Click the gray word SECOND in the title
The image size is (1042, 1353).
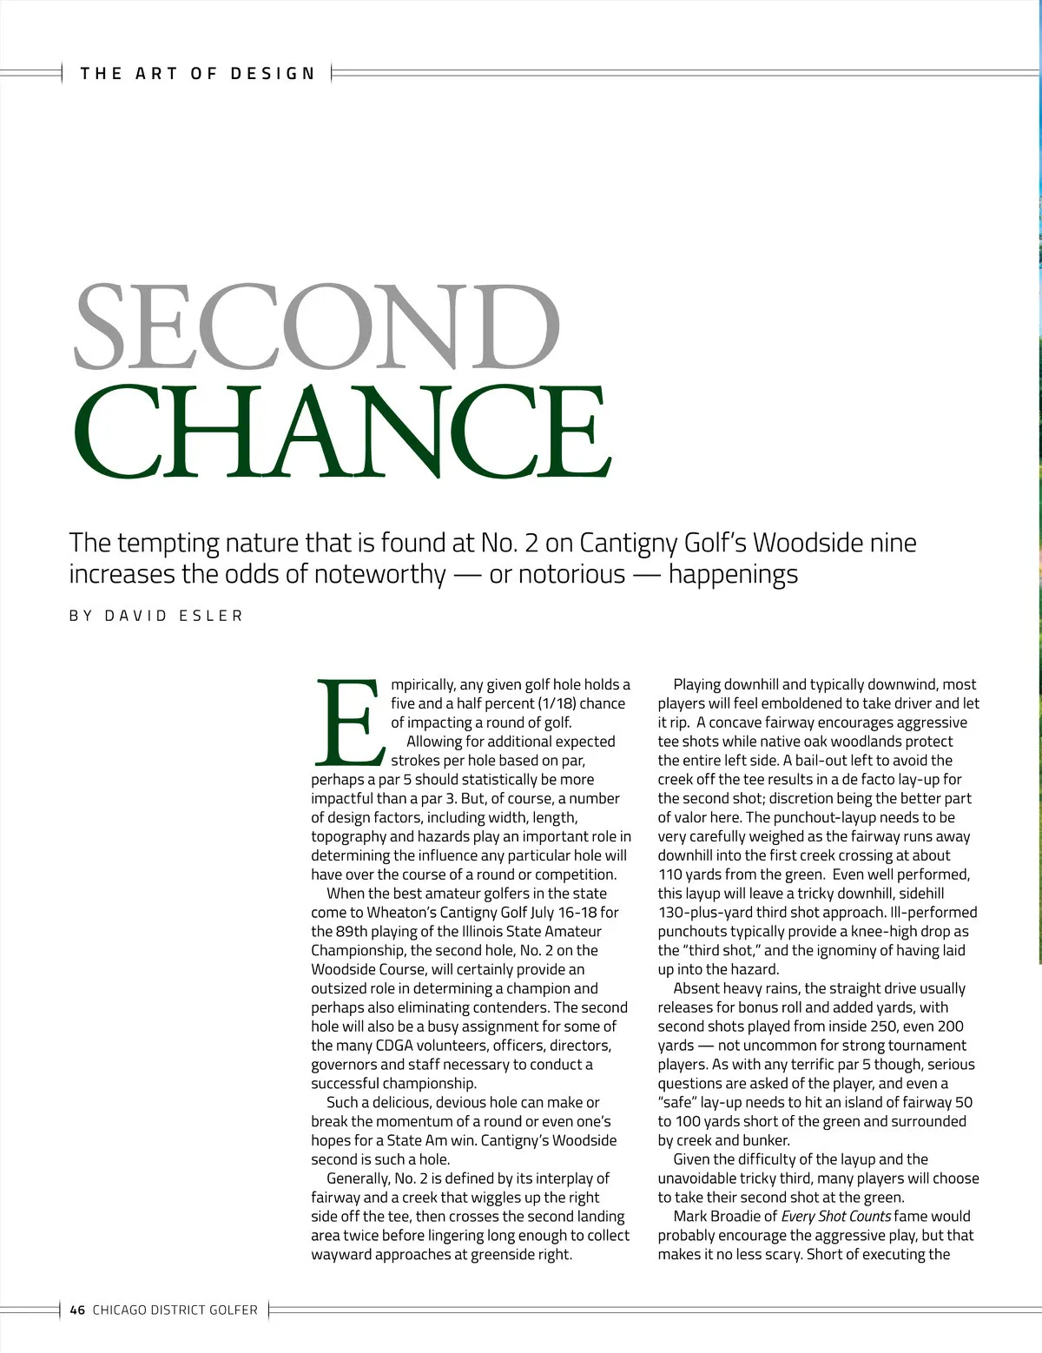(x=318, y=327)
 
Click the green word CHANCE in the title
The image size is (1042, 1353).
(x=342, y=431)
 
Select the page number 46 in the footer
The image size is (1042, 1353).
(x=77, y=1310)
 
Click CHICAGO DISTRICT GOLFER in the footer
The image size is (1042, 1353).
(x=175, y=1310)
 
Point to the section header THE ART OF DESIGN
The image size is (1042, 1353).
(x=198, y=74)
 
